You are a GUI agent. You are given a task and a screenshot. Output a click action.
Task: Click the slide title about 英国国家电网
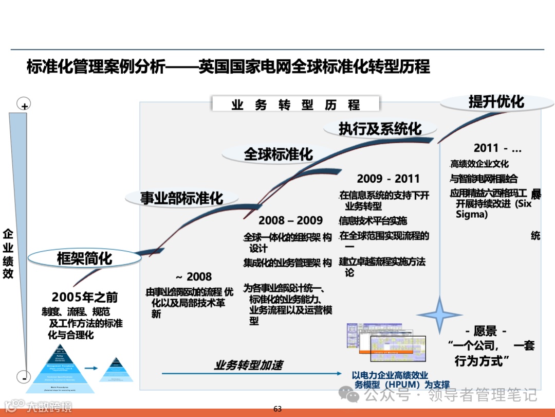click(228, 66)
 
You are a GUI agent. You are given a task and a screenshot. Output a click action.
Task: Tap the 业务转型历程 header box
click(295, 105)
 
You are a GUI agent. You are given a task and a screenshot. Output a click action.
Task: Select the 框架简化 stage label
click(84, 258)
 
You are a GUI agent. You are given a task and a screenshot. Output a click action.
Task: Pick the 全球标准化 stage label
click(278, 153)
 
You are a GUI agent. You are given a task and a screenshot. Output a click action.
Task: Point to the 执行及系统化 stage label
click(380, 128)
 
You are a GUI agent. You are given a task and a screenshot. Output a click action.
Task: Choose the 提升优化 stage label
click(496, 101)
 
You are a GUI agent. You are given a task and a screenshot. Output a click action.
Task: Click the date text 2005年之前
click(85, 297)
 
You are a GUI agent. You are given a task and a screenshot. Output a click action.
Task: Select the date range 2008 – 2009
click(290, 220)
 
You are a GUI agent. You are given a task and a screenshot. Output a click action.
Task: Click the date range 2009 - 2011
click(388, 179)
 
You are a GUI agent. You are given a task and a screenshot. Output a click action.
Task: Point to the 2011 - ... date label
click(497, 148)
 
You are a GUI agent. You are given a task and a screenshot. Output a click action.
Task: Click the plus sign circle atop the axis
click(24, 105)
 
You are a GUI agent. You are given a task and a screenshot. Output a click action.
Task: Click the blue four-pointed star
click(439, 315)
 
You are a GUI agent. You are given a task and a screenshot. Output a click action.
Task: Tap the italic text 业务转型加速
click(248, 365)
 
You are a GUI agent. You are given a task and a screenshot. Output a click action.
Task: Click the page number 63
click(277, 409)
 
